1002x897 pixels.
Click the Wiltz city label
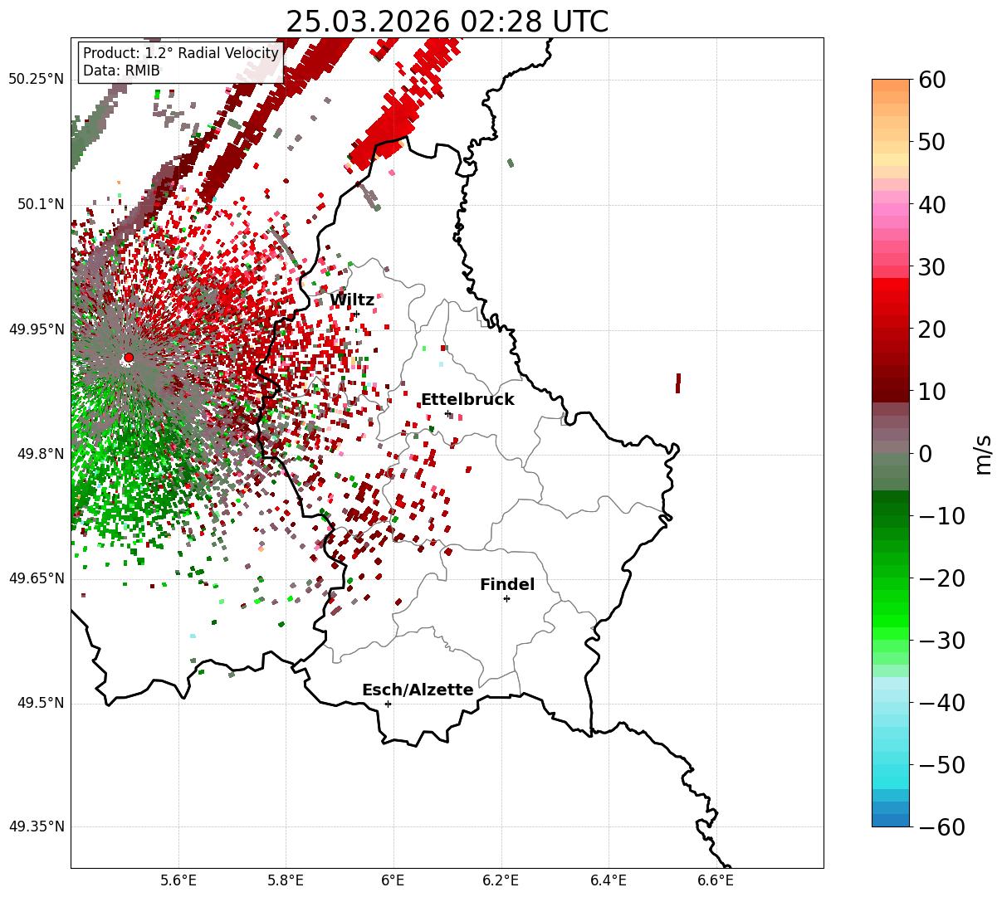352,300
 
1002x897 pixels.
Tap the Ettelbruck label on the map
467,400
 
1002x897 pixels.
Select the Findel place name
506,585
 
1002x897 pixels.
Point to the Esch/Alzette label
418,690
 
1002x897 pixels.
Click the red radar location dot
129,358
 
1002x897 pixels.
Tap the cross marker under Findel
506,598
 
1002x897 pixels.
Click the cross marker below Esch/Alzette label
388,704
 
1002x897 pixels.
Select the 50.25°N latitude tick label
36,80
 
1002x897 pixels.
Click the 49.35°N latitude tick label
36,827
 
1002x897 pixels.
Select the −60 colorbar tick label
941,827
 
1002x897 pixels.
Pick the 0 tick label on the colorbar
925,454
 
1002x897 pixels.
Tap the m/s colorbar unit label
984,454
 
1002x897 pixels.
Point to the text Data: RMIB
121,71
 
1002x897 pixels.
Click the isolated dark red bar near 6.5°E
678,383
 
